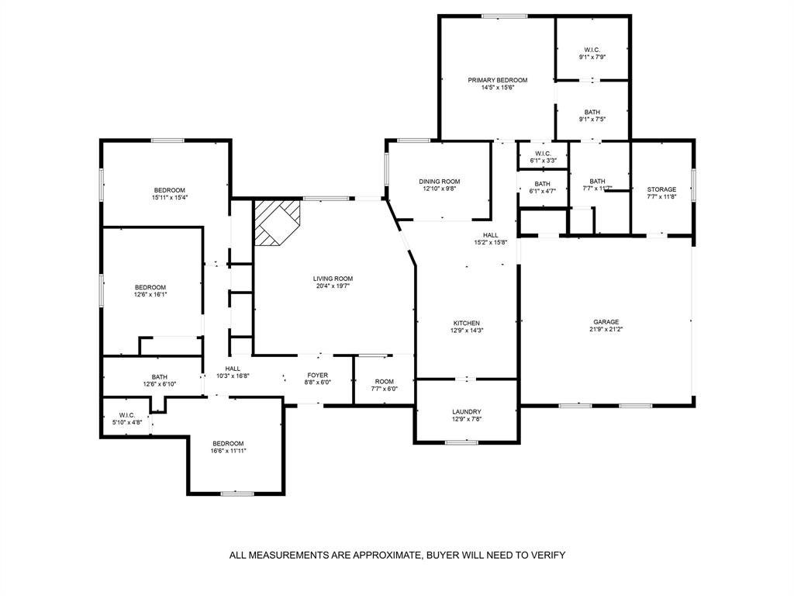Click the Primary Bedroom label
point(497,80)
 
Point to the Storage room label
point(661,189)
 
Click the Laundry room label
point(467,412)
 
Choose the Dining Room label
point(440,182)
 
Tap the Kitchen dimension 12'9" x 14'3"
point(467,331)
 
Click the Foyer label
point(317,375)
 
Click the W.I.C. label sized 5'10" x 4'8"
point(126,414)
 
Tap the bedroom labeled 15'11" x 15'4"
point(169,191)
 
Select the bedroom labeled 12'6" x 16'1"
point(150,287)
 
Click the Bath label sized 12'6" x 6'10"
point(160,377)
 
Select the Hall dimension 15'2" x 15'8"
point(490,242)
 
